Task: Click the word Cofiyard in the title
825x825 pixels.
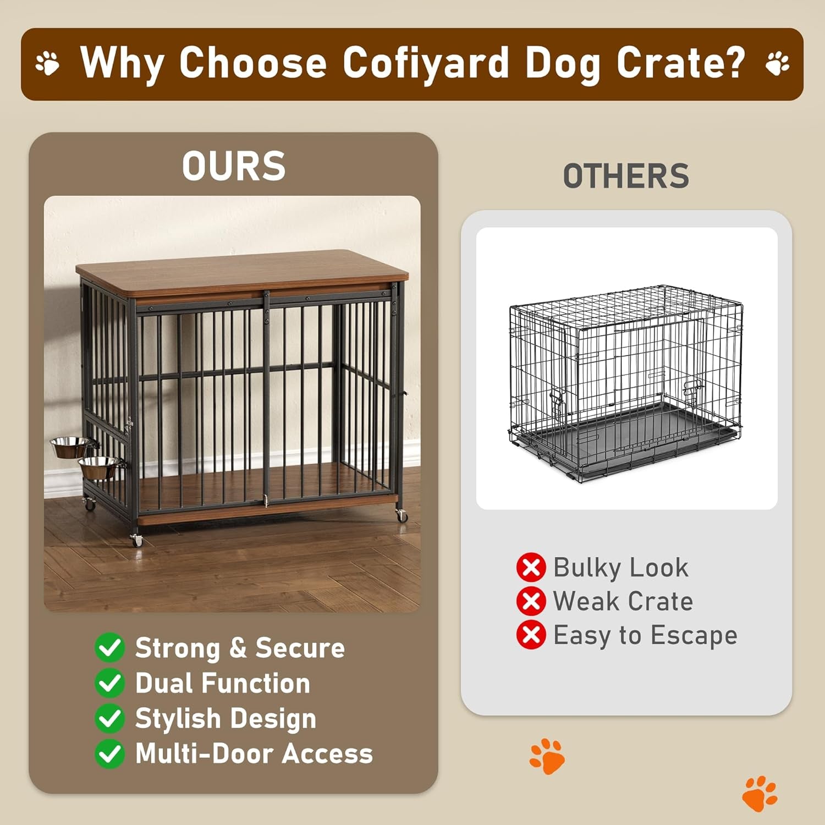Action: (x=426, y=62)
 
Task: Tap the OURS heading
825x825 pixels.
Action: (x=234, y=166)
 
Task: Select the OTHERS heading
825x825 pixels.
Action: (x=626, y=176)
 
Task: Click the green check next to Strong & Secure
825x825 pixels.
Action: (x=109, y=647)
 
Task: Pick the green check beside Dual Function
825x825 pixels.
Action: (x=109, y=683)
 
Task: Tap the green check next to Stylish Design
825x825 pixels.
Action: (x=109, y=718)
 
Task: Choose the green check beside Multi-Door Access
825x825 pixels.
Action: (x=109, y=754)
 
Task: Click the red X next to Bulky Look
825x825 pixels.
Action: (x=531, y=567)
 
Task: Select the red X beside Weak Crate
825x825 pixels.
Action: (x=531, y=601)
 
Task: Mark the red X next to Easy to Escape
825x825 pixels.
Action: (x=531, y=635)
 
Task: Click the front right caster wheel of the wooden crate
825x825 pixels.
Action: (x=402, y=516)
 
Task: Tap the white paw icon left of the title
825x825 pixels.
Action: (x=48, y=63)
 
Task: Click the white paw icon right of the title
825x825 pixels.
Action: (x=778, y=63)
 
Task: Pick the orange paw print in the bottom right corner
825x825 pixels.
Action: (x=760, y=794)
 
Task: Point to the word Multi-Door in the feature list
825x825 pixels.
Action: (x=204, y=754)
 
